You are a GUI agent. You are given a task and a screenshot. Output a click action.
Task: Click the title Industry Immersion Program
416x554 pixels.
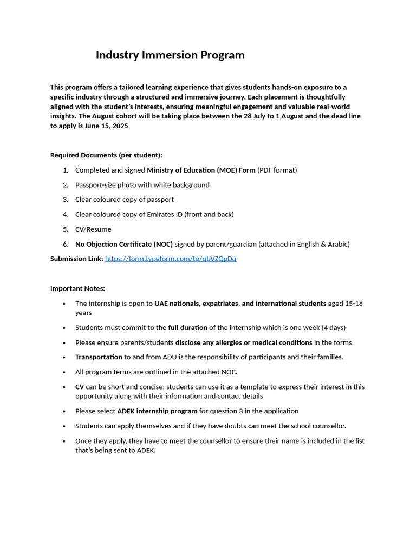point(170,55)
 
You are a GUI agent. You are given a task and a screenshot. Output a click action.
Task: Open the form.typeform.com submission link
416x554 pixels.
point(171,259)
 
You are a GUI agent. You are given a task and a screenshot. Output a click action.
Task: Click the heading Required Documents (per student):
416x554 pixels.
point(106,155)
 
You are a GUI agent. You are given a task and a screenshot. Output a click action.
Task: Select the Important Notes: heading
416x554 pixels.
point(77,288)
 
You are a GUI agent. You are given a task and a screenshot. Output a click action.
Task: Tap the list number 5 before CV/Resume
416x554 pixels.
point(65,229)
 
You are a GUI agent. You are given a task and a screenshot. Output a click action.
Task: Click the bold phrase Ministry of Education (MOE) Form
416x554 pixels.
point(201,170)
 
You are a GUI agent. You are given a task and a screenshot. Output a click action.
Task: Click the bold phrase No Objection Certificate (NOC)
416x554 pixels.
point(124,244)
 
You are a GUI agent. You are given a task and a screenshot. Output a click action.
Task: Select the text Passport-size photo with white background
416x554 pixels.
point(142,185)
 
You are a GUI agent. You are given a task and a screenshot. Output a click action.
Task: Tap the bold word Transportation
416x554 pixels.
point(99,357)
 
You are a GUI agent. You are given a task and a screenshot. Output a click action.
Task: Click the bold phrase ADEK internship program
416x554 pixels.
point(157,411)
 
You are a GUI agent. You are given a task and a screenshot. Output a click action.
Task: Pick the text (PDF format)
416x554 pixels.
point(277,170)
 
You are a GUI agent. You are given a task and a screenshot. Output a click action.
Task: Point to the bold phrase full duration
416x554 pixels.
point(187,327)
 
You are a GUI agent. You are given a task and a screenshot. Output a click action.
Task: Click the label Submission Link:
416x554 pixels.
point(76,259)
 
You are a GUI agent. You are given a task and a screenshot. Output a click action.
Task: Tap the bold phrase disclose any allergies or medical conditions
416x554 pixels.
point(244,342)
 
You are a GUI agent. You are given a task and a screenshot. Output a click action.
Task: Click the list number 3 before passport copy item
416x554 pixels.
point(65,200)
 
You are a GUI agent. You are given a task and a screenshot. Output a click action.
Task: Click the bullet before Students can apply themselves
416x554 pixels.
point(64,426)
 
